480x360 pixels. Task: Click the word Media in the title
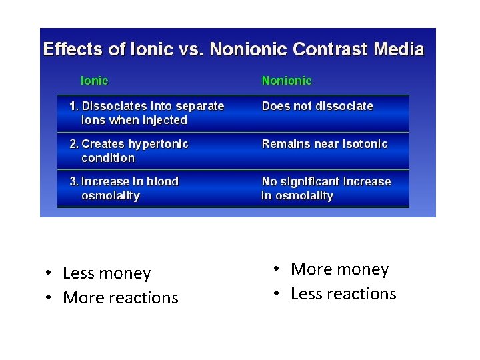click(399, 49)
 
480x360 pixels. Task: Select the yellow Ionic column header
click(94, 81)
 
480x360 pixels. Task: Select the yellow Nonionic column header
click(287, 81)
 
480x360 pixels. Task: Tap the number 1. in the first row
click(75, 106)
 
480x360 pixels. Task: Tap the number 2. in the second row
click(75, 144)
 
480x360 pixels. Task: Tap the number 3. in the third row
click(75, 181)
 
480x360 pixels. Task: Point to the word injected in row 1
click(165, 121)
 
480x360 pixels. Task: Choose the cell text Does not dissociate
click(317, 106)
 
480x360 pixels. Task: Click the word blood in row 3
click(163, 181)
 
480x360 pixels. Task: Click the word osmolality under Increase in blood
click(110, 196)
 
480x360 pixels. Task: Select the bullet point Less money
click(107, 273)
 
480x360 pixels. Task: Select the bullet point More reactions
click(120, 298)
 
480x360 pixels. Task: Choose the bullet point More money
click(339, 269)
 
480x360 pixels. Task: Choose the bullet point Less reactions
click(343, 294)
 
